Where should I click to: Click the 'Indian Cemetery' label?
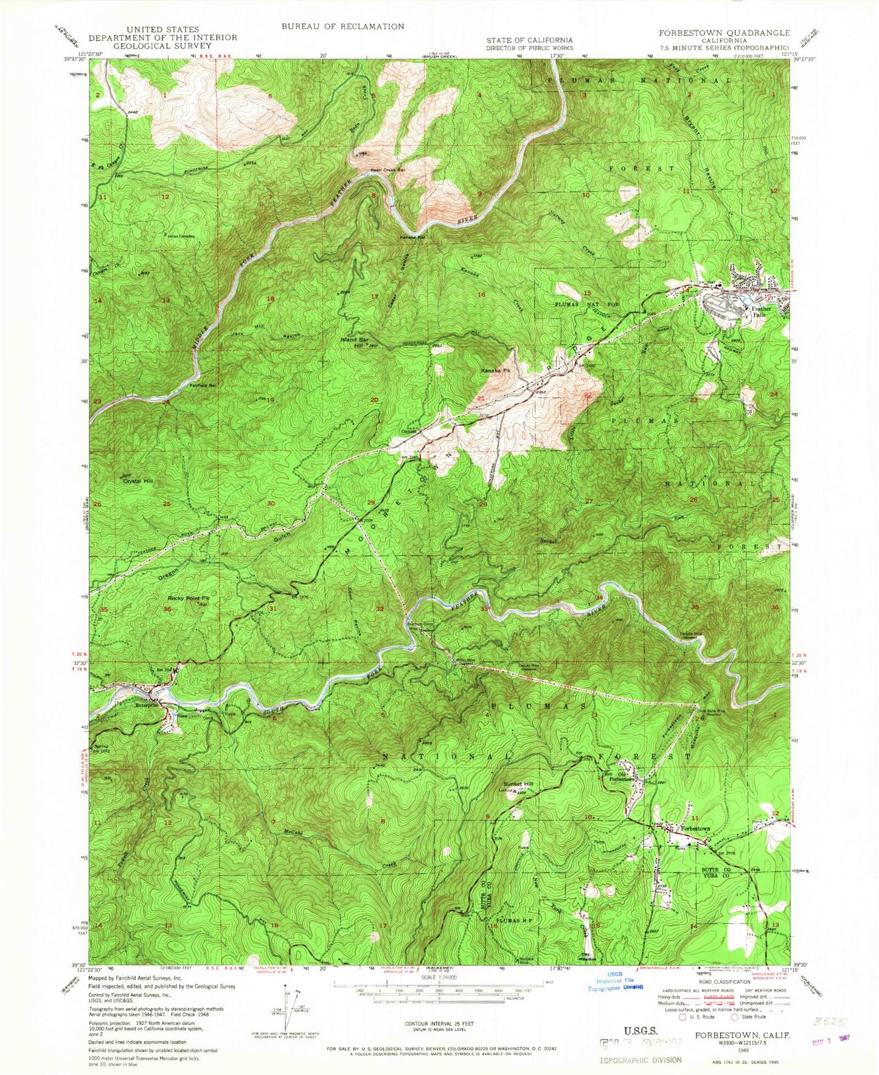pyautogui.click(x=182, y=236)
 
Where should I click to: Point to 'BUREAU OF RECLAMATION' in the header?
pyautogui.click(x=342, y=26)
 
